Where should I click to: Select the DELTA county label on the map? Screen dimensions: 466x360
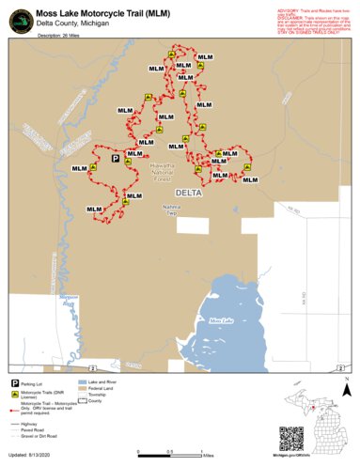[x=188, y=191]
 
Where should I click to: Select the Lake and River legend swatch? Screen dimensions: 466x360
[x=83, y=383]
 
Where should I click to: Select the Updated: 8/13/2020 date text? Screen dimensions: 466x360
[x=38, y=457]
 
